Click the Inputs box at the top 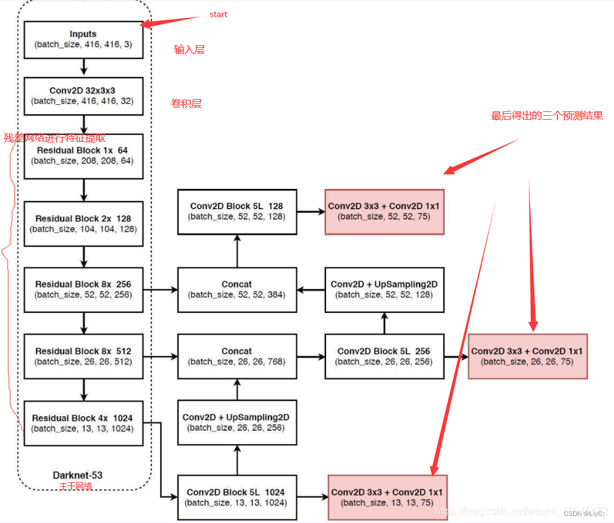click(83, 39)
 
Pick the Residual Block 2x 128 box click(83, 223)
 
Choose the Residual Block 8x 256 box click(83, 289)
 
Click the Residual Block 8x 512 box click(83, 356)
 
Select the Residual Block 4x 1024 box click(83, 423)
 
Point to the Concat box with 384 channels click(237, 289)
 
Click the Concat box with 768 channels click(237, 356)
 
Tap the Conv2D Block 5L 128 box click(237, 211)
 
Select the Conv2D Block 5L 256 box click(384, 356)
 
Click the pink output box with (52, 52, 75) click(385, 211)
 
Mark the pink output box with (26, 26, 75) click(527, 356)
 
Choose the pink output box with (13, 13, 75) click(386, 497)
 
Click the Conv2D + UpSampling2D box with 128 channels click(384, 289)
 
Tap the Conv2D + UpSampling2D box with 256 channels click(236, 422)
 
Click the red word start click(218, 14)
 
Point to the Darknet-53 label click(78, 475)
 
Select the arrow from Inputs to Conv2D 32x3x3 click(83, 67)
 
